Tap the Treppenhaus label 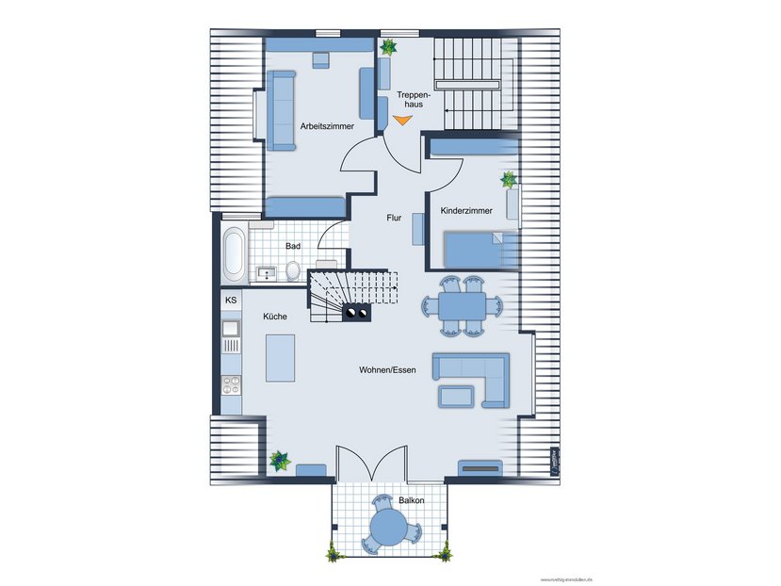tap(414, 99)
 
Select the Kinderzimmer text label tap(466, 211)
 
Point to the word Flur tap(394, 218)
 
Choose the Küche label tap(275, 317)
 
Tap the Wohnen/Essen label tap(387, 370)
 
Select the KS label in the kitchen tap(231, 300)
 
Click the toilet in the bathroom tap(292, 271)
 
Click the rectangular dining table tap(462, 305)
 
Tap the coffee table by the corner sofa tap(456, 395)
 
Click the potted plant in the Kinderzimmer tap(509, 178)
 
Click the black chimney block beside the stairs tap(356, 313)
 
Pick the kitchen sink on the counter tap(231, 329)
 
